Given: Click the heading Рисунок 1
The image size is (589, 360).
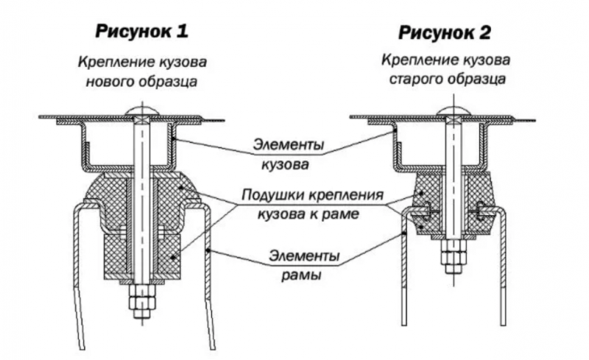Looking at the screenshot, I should pyautogui.click(x=141, y=32).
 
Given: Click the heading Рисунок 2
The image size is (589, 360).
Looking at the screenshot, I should pyautogui.click(x=445, y=32).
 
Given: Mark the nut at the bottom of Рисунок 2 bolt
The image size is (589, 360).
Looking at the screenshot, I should pyautogui.click(x=452, y=259).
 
